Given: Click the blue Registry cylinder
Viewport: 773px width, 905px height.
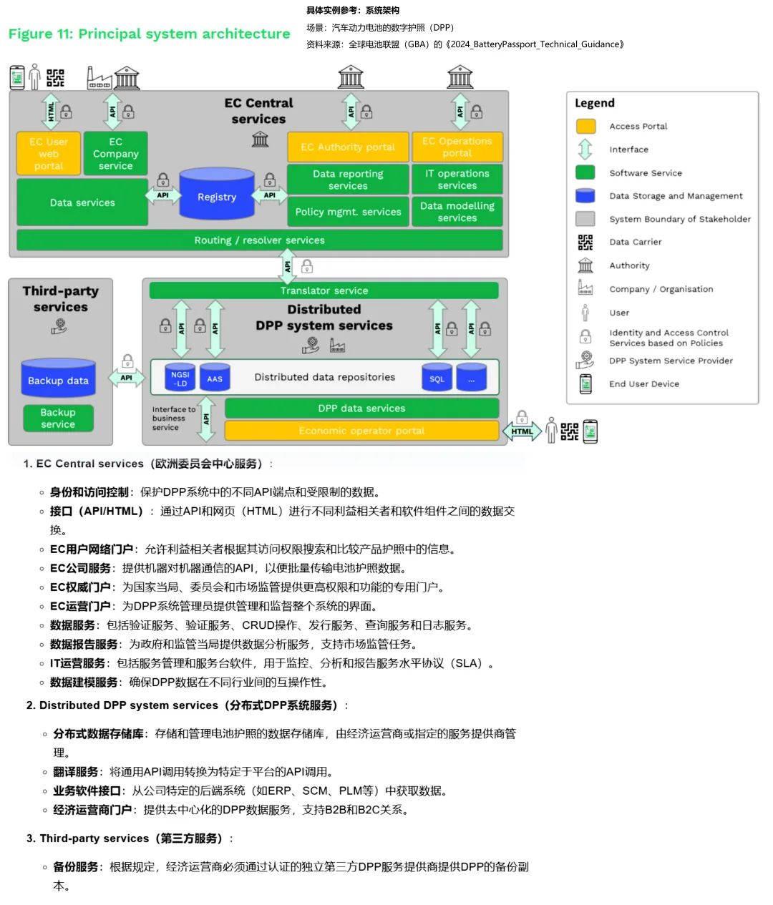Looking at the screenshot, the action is point(217,195).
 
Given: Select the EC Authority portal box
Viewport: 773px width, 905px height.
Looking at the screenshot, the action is point(348,147).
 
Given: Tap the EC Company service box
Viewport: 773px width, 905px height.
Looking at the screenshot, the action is point(115,153).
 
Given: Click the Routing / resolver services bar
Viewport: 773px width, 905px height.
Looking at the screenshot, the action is point(259,240).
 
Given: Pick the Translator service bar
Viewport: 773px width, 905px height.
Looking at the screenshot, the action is point(324,290).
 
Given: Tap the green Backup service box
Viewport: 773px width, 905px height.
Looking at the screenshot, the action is point(58,418).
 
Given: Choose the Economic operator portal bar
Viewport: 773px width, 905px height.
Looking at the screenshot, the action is point(361,431).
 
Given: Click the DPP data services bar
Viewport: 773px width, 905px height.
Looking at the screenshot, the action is point(361,409).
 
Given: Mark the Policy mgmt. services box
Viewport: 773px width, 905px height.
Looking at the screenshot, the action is point(348,212).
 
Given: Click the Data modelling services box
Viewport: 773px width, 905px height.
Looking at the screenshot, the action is point(457,212).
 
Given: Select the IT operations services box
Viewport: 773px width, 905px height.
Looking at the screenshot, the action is point(457,180).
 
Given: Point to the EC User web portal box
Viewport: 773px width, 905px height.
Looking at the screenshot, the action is point(49,153).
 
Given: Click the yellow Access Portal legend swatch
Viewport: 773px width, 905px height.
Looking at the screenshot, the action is point(585,127).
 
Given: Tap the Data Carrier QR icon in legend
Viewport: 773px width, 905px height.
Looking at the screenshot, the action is point(585,243).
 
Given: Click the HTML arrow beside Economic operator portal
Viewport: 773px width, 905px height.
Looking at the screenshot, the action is point(522,431).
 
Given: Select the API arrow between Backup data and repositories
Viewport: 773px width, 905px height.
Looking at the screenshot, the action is point(127,378).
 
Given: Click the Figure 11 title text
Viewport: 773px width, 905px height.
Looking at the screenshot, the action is point(149,34).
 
